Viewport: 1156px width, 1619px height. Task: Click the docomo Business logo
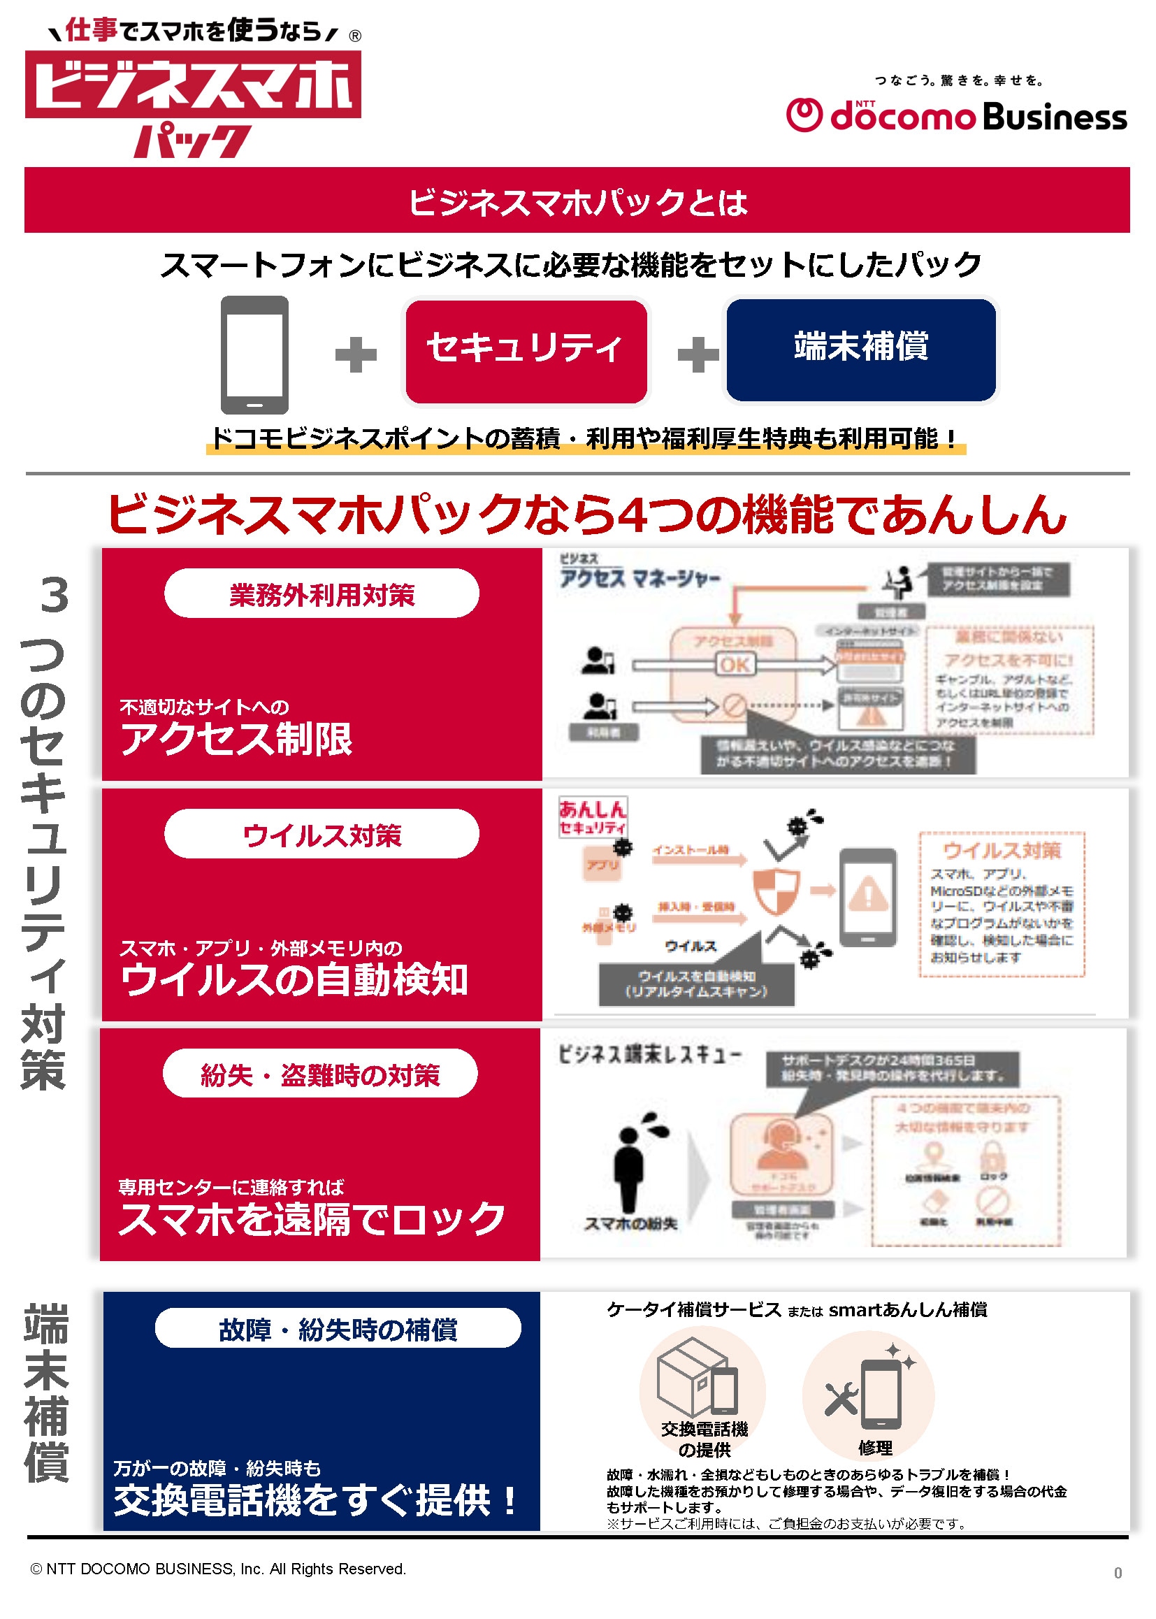tap(956, 116)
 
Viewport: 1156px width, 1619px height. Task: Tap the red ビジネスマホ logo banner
tap(193, 85)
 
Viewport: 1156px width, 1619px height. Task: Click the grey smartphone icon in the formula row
tap(254, 354)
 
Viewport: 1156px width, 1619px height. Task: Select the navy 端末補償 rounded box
tap(860, 350)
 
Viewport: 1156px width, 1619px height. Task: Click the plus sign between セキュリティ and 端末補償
tap(698, 354)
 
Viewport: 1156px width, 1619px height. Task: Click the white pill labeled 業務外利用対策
tap(321, 593)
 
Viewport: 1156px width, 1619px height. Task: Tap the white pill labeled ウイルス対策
tap(321, 835)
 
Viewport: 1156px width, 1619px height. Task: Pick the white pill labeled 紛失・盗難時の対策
tap(320, 1074)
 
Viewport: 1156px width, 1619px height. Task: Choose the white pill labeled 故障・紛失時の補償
tap(338, 1328)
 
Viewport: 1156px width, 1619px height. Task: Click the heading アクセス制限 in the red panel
tap(236, 738)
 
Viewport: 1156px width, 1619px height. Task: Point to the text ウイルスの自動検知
tap(294, 979)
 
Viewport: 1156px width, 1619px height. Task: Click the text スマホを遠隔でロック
tap(311, 1218)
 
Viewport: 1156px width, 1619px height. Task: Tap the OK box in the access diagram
tap(735, 664)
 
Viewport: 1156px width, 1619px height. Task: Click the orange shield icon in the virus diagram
tap(776, 890)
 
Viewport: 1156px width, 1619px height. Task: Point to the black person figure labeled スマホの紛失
tap(629, 1167)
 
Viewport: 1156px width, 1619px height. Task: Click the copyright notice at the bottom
tap(219, 1569)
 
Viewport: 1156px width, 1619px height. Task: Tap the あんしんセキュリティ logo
tap(592, 816)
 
